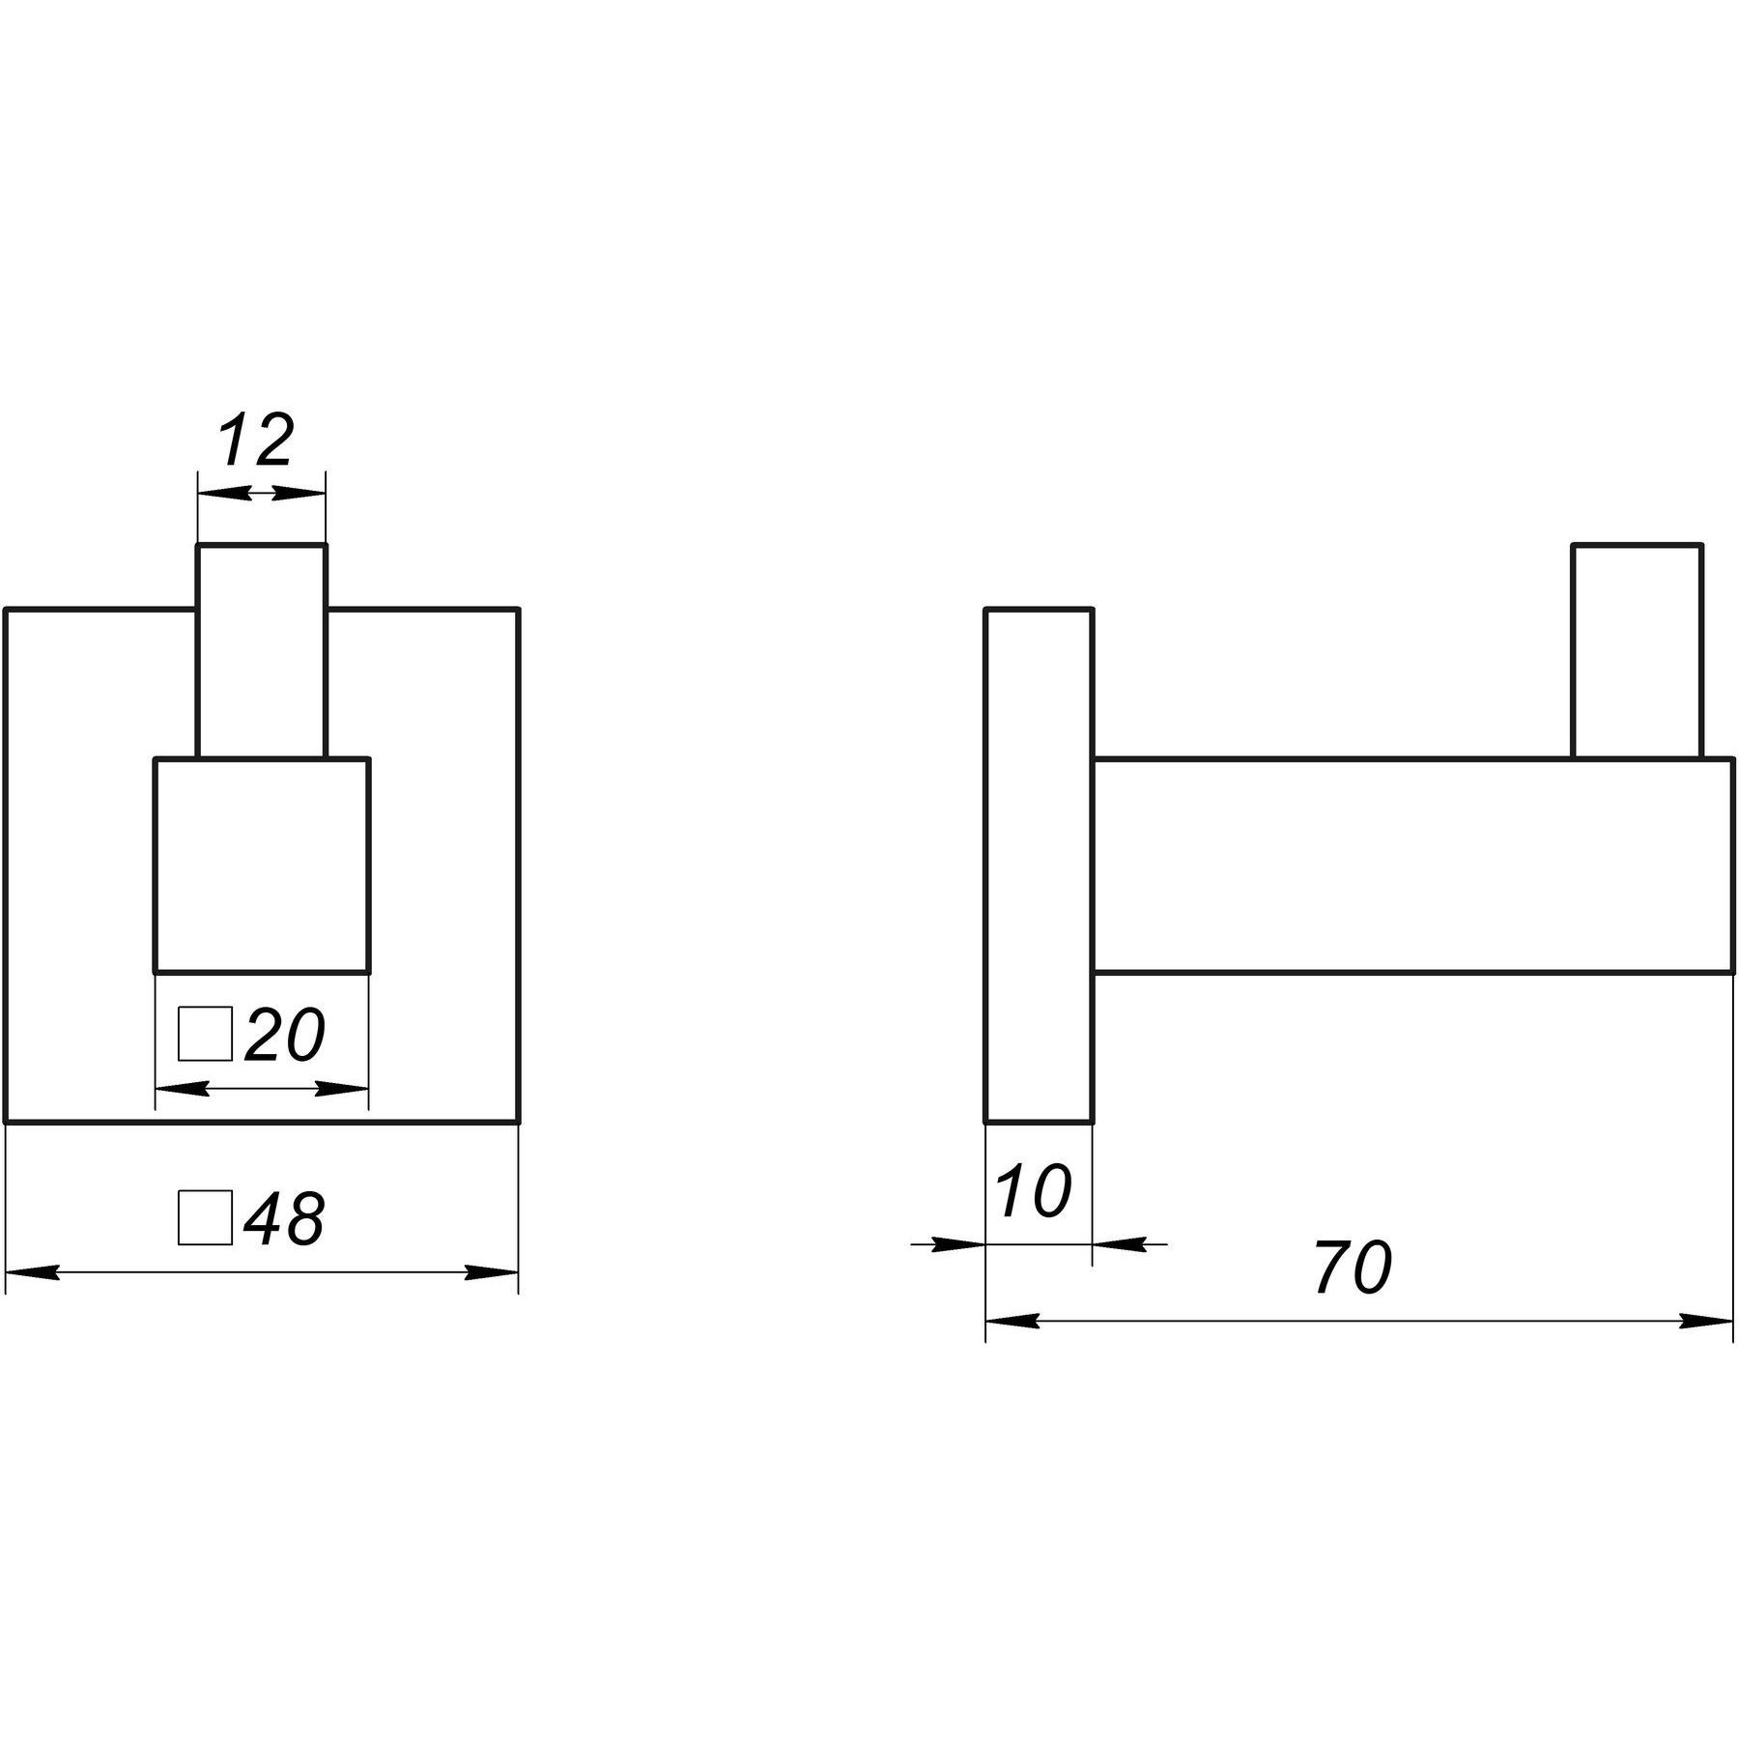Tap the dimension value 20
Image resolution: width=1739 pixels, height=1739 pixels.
coord(285,1035)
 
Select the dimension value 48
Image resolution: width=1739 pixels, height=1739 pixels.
coord(284,1218)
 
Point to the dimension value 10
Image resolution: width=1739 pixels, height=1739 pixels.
coord(1034,1190)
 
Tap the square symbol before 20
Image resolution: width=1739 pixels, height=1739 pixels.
coord(206,1034)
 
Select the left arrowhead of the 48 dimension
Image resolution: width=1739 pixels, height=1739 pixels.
coord(33,1273)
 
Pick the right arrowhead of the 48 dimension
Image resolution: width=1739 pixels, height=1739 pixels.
coord(492,1273)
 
